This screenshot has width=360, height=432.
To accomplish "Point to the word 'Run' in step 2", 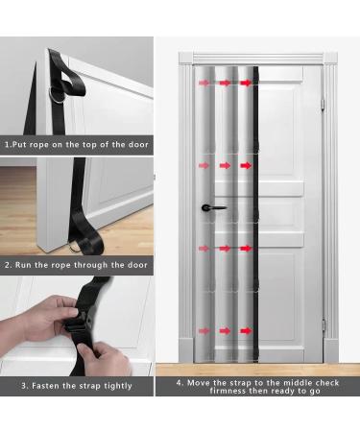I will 27,264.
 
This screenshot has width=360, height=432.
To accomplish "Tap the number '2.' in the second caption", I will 9,264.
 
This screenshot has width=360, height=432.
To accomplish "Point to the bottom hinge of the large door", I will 324,325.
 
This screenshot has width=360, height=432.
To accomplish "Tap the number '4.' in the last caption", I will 180,382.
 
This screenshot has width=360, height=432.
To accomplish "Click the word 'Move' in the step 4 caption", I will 199,382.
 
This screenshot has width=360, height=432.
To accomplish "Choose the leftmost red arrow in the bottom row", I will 204,331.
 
